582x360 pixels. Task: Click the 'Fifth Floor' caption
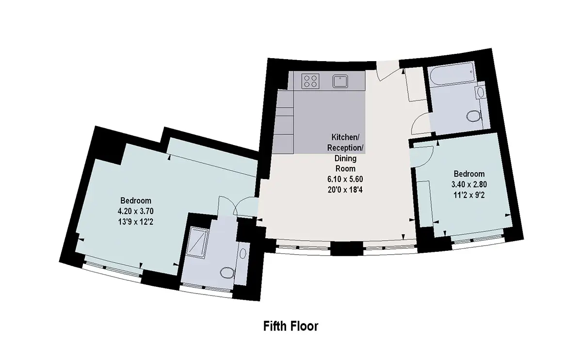[x=291, y=326]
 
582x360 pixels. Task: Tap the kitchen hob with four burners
[x=310, y=81]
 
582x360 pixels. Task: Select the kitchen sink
[x=340, y=81]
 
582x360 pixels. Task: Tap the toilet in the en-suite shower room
[x=227, y=273]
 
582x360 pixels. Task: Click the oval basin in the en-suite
[x=242, y=253]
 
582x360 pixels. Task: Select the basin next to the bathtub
[x=481, y=92]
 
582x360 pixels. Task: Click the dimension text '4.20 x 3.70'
[x=135, y=212]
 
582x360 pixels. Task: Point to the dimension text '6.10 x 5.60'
[x=345, y=179]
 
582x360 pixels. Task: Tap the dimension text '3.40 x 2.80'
[x=469, y=184]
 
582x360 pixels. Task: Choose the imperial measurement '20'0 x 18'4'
[x=345, y=190]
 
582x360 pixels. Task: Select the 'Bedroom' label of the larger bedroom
[x=136, y=201]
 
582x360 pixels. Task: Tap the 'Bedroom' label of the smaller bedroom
[x=469, y=174]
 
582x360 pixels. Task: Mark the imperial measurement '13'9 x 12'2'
[x=135, y=222]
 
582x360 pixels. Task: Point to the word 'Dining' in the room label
[x=345, y=158]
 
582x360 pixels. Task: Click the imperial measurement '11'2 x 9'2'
[x=469, y=195]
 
